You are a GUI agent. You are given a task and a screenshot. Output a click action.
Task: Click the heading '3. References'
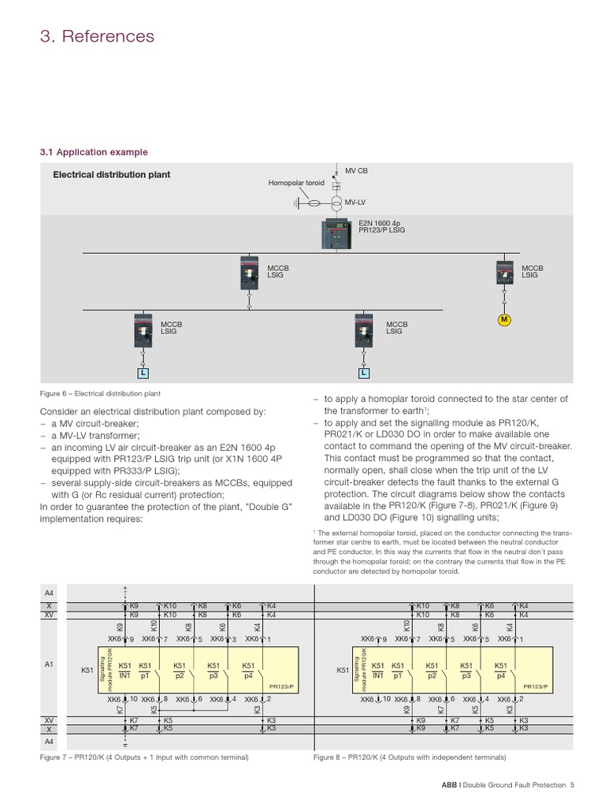(x=97, y=36)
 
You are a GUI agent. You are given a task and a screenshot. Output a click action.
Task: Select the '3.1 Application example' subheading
(x=94, y=152)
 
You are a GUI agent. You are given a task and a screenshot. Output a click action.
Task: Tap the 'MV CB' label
(x=356, y=170)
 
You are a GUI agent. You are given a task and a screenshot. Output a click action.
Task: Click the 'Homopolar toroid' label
(x=295, y=182)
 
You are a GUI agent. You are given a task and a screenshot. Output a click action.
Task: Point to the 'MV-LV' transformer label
(x=354, y=203)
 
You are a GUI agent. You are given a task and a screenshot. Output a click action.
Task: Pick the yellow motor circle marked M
(x=504, y=319)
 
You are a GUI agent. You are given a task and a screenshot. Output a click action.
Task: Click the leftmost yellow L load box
(x=143, y=371)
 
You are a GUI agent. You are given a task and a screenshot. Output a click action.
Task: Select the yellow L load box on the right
(x=364, y=371)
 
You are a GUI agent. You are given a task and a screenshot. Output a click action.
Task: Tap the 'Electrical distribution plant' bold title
(x=111, y=175)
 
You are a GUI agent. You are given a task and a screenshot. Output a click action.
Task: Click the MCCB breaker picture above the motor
(x=504, y=273)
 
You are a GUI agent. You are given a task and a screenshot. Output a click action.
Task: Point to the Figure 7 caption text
(x=144, y=757)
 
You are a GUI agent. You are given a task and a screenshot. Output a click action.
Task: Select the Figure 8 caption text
(x=410, y=757)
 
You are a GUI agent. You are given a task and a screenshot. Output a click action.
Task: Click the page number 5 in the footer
(x=573, y=785)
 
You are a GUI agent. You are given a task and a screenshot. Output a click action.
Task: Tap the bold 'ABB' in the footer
(x=448, y=785)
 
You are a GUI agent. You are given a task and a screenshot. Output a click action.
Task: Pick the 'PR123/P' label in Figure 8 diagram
(x=535, y=686)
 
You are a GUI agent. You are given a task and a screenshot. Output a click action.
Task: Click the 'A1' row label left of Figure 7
(x=49, y=665)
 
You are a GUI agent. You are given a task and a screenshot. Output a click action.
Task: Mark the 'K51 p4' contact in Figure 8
(x=501, y=670)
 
